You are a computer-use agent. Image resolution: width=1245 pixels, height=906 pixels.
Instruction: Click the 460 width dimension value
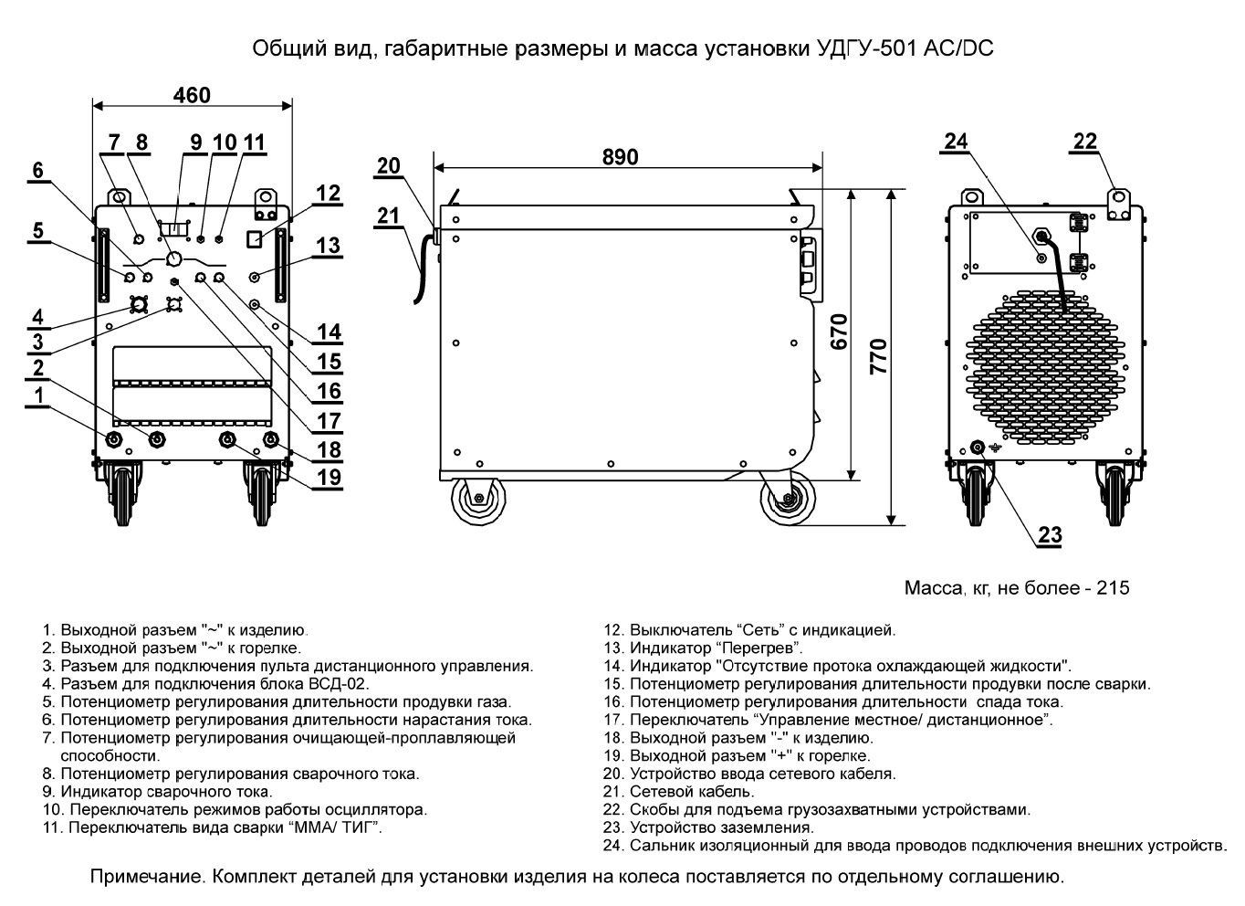pos(192,95)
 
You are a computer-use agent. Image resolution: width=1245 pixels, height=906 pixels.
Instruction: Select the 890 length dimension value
pos(620,156)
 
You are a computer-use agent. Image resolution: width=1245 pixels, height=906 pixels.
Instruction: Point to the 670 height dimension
pos(840,334)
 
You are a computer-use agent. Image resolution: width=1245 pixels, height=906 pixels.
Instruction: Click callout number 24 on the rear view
pos(956,142)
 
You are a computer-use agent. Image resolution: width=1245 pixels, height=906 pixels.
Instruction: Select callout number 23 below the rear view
pos(1051,535)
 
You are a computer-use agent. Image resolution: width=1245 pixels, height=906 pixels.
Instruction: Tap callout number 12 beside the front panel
pos(329,193)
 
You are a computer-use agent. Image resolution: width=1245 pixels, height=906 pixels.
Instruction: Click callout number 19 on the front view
pos(329,476)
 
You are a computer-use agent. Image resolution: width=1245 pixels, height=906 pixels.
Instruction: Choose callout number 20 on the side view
pos(389,165)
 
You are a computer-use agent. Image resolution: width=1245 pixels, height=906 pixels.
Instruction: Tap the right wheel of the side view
pos(784,500)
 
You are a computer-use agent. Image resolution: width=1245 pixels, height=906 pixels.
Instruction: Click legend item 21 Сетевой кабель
pos(692,792)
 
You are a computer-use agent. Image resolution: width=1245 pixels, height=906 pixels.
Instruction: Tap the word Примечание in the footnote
pos(145,878)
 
